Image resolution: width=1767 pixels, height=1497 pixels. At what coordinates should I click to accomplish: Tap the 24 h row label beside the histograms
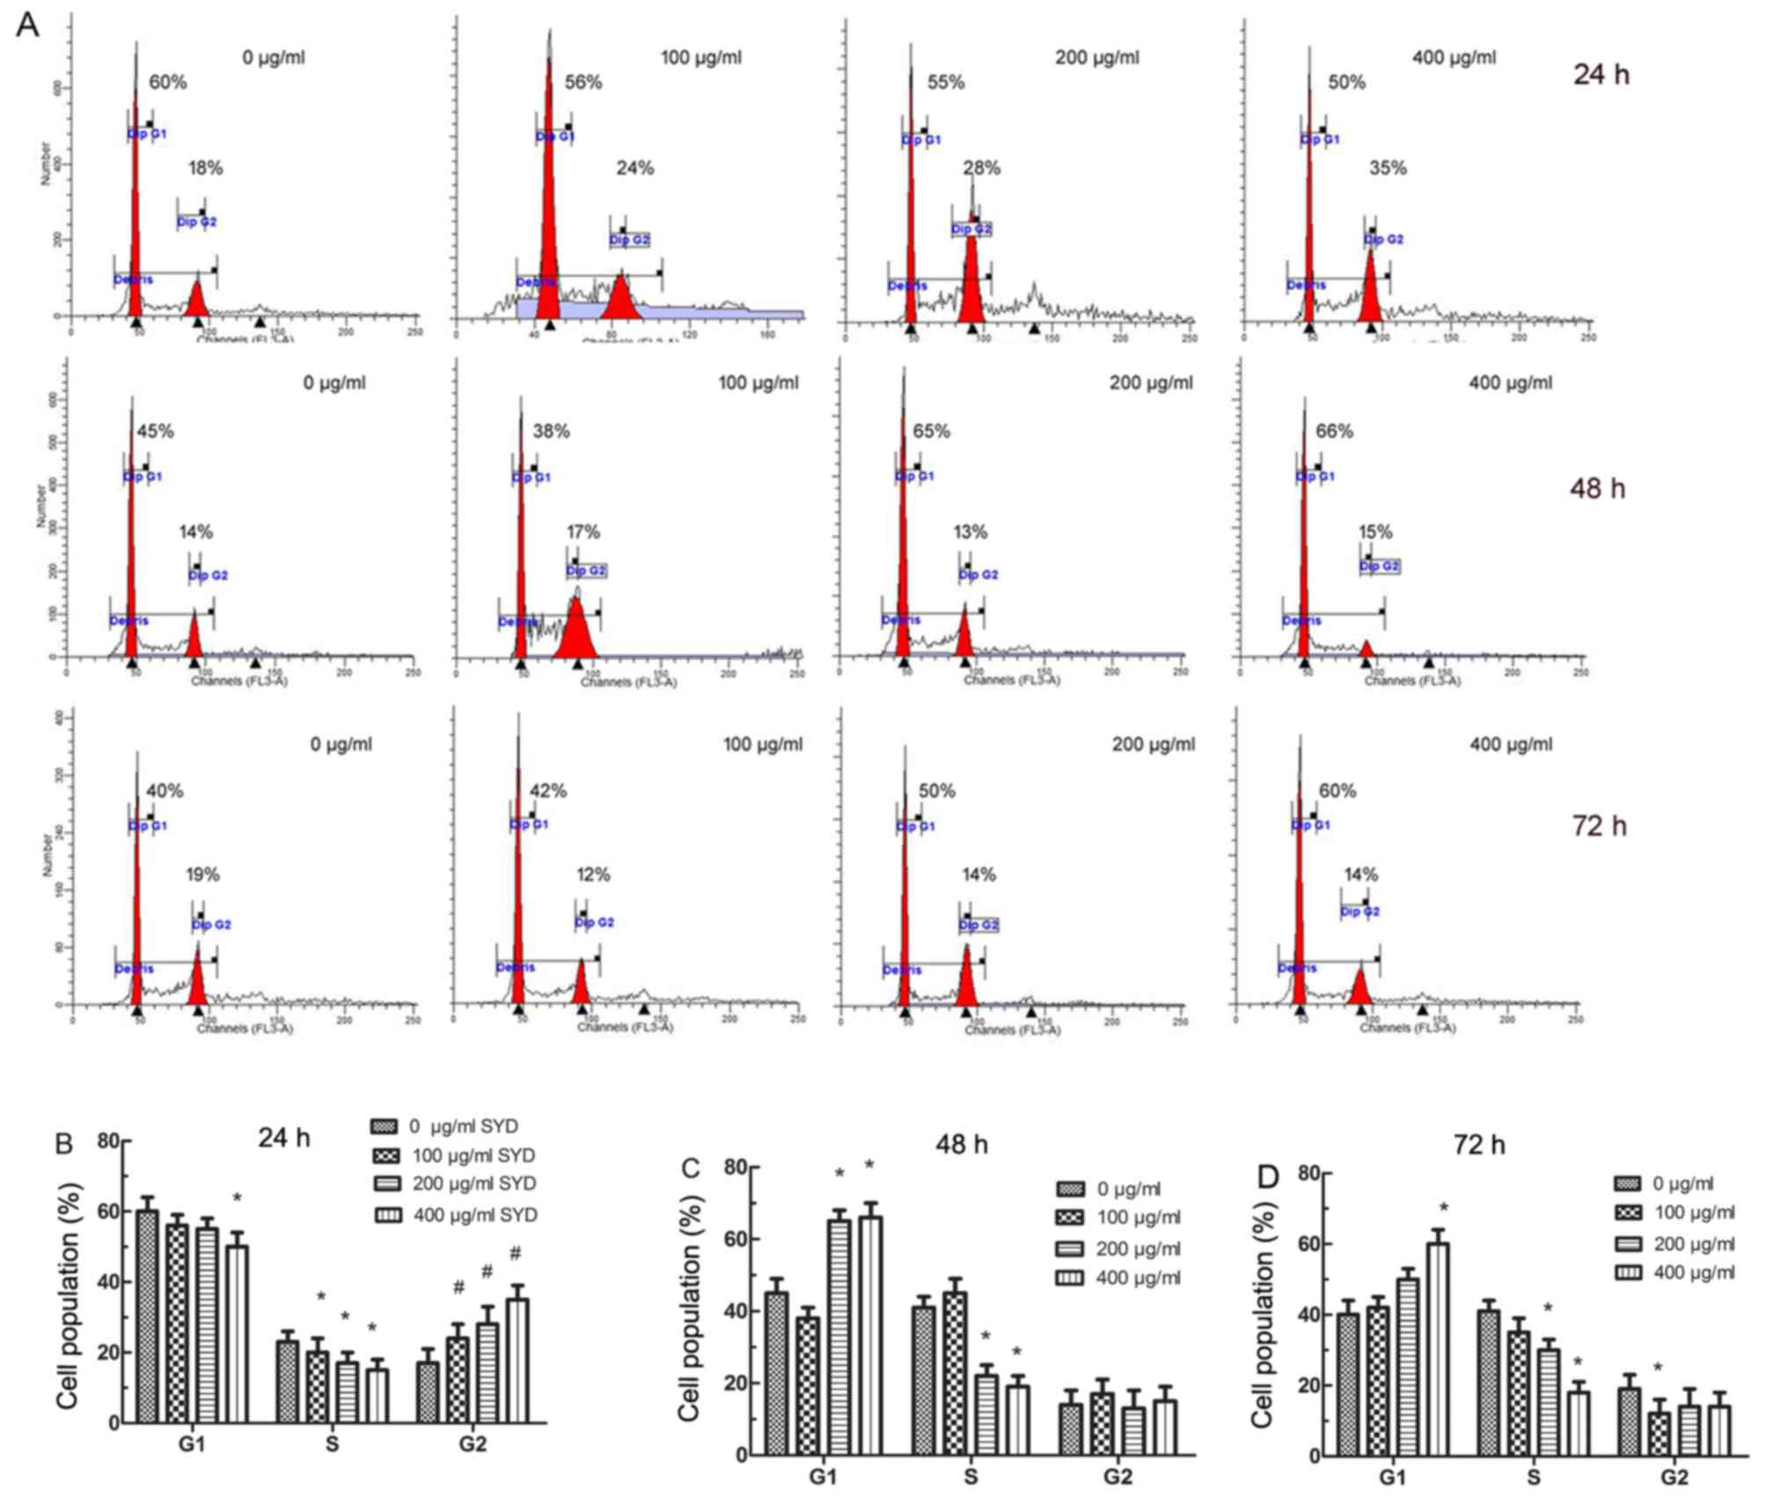click(1601, 75)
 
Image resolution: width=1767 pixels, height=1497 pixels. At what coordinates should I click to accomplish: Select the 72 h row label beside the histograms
click(1599, 826)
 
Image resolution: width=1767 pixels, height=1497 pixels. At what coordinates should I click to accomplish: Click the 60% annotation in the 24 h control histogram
click(167, 83)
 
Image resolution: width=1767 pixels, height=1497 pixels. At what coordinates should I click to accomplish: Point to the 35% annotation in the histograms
click(1387, 168)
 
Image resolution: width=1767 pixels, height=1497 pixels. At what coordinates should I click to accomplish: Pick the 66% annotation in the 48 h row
click(1333, 431)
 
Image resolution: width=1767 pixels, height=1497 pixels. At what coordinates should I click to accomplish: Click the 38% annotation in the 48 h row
click(551, 431)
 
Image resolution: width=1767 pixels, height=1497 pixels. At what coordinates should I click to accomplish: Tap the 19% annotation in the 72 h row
click(202, 875)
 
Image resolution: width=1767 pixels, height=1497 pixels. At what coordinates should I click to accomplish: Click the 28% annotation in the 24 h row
click(981, 168)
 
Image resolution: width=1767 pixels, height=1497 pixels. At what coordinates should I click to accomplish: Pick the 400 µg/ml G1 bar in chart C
click(870, 1335)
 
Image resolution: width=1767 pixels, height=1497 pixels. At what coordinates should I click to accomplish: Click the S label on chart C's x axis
click(970, 1476)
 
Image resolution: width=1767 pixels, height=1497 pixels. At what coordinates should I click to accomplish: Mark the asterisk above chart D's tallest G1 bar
click(1444, 1208)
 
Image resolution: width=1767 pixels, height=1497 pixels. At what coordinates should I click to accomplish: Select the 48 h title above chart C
click(961, 1145)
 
